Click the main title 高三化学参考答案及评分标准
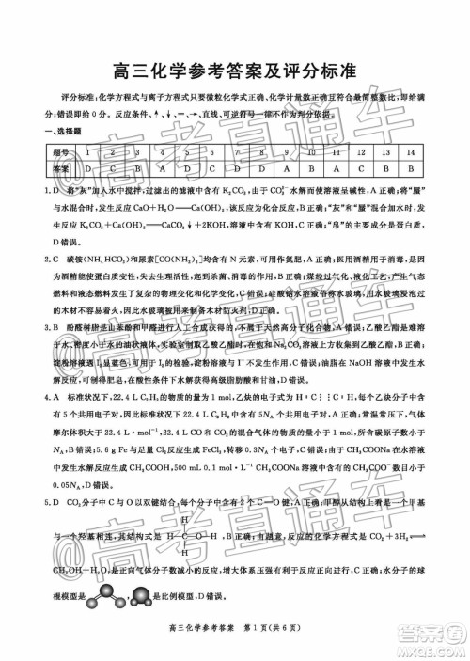tap(235, 71)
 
